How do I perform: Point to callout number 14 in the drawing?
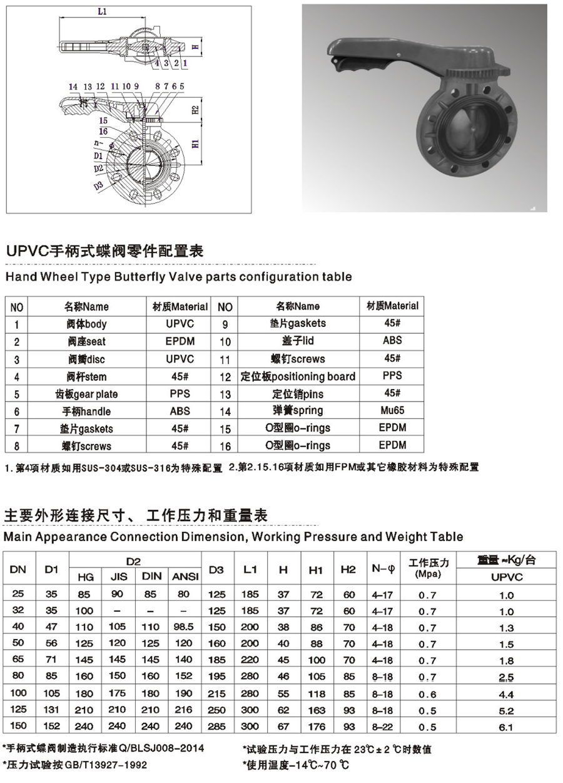pos(73,86)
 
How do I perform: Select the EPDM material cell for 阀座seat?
pos(180,341)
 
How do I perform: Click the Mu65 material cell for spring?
pos(392,410)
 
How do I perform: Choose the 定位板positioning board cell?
pos(298,376)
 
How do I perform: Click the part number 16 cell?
pos(225,446)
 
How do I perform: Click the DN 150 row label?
pos(19,727)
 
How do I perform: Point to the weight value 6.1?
pos(506,727)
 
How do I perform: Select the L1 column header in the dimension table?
pos(250,569)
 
